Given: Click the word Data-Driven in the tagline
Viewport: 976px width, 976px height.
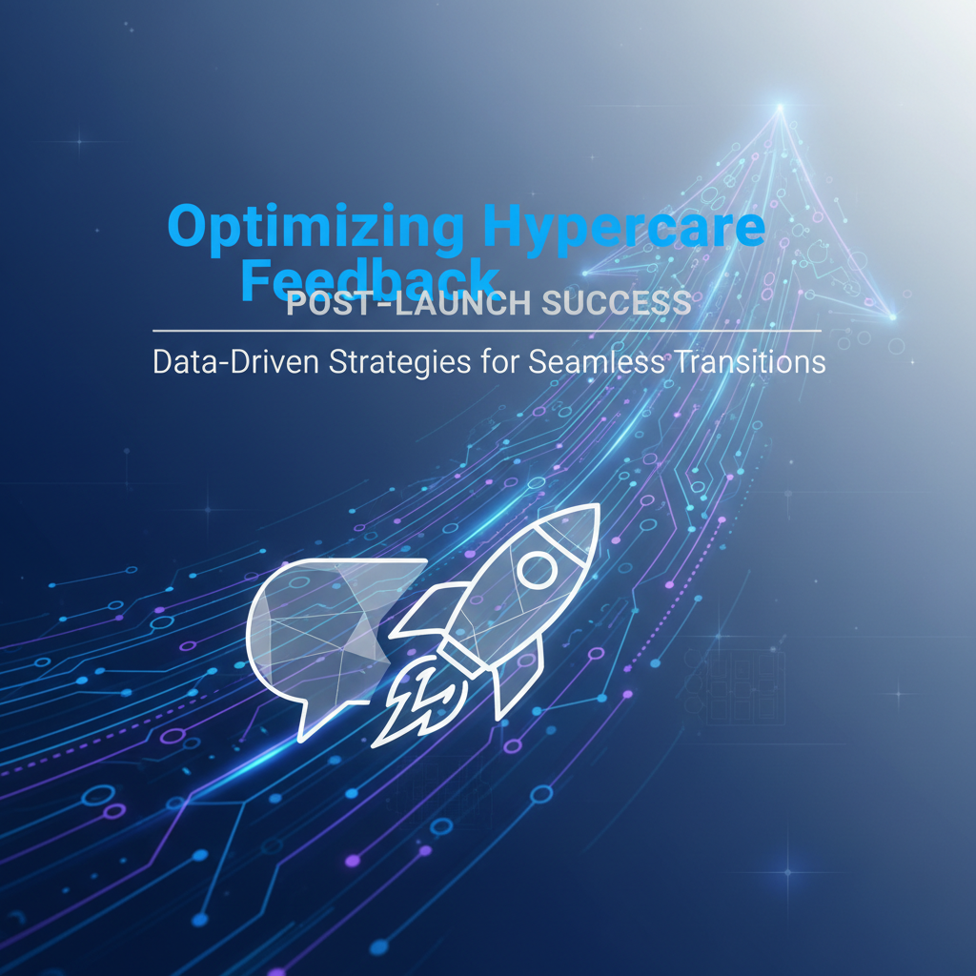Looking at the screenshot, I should (x=234, y=363).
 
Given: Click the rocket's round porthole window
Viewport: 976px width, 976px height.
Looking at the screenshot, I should (x=537, y=569).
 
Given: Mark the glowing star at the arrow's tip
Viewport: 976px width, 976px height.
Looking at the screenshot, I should (x=781, y=107).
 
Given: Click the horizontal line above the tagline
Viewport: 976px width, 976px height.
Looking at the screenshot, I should (x=486, y=331).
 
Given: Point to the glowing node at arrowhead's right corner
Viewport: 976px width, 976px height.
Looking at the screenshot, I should (x=892, y=316).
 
